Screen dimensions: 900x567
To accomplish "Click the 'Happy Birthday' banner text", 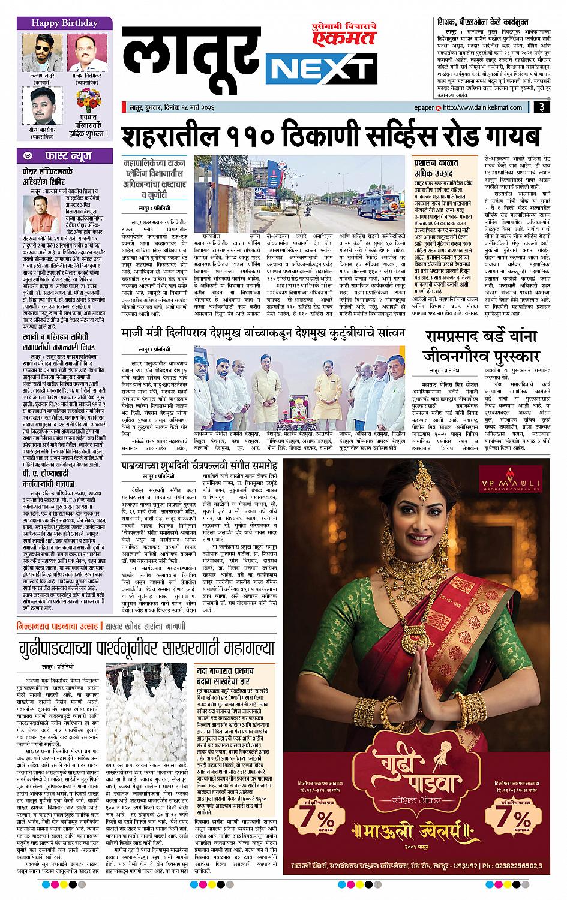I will click(x=57, y=23).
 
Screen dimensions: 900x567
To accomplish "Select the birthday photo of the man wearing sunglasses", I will click(x=41, y=52).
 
